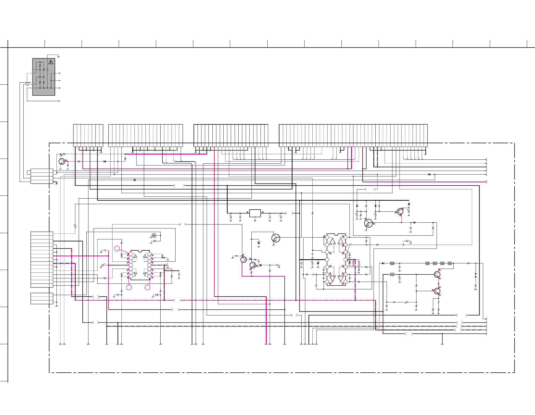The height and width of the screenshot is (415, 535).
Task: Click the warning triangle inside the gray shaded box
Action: click(x=51, y=62)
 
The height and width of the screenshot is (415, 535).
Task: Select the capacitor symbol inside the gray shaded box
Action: click(x=47, y=70)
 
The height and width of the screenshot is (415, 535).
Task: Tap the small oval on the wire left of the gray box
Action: click(x=27, y=84)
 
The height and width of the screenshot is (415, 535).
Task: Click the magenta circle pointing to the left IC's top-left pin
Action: click(x=117, y=249)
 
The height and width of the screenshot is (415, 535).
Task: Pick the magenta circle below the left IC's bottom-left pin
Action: click(x=129, y=287)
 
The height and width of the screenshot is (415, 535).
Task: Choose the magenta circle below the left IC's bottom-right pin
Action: click(x=148, y=287)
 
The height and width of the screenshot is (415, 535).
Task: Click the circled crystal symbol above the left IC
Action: click(x=154, y=235)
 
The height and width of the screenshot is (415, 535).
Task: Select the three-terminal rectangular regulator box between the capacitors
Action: click(x=255, y=213)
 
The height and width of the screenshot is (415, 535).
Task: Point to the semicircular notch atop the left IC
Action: click(x=140, y=251)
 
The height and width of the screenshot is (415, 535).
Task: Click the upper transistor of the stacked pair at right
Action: click(x=437, y=274)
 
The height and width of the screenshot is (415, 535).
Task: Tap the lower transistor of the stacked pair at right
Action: click(x=437, y=291)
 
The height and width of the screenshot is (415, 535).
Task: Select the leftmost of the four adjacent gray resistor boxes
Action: click(x=427, y=263)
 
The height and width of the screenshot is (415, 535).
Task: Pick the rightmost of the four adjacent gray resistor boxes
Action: click(x=450, y=263)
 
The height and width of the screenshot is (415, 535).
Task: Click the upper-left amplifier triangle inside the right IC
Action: click(x=332, y=241)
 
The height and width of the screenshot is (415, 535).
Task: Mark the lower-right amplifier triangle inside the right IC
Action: click(x=340, y=278)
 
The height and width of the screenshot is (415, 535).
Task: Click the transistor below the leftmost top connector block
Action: click(x=62, y=161)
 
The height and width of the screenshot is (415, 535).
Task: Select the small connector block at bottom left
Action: click(x=42, y=298)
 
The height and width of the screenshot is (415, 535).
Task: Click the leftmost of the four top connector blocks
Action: click(x=88, y=135)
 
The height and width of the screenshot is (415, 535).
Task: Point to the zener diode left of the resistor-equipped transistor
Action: click(x=259, y=243)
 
